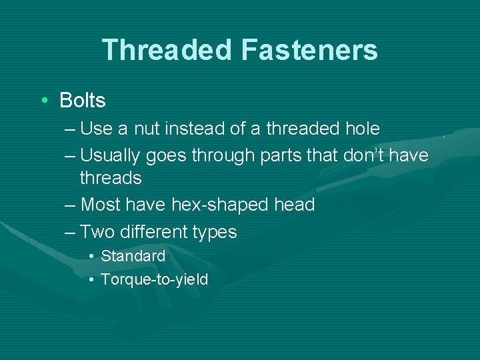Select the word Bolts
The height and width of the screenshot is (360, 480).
(x=83, y=101)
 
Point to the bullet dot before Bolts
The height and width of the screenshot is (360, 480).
(x=43, y=101)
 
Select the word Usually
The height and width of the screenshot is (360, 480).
(x=110, y=155)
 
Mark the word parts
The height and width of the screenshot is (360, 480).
(x=280, y=155)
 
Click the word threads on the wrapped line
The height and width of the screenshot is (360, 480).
(x=111, y=178)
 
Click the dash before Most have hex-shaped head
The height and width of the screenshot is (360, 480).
(x=71, y=205)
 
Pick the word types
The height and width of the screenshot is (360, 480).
(x=214, y=232)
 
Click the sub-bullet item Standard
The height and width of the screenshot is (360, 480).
(x=133, y=256)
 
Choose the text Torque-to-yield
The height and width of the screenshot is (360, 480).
(x=154, y=279)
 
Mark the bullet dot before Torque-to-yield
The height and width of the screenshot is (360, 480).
(x=91, y=279)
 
